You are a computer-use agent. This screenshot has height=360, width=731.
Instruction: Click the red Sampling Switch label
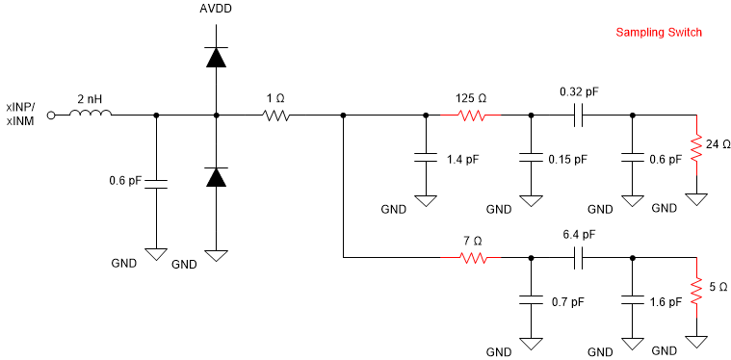click(659, 33)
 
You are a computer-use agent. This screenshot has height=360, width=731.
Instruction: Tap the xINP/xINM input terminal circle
click(51, 116)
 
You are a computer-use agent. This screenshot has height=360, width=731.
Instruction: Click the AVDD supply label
click(216, 10)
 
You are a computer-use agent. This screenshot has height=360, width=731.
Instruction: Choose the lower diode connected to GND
click(216, 176)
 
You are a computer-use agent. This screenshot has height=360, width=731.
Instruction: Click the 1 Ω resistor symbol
click(276, 116)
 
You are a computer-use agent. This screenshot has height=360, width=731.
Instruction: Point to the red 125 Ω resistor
click(473, 116)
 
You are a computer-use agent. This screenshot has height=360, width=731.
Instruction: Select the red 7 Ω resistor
click(473, 258)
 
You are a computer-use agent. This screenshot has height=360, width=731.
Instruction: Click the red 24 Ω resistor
click(694, 146)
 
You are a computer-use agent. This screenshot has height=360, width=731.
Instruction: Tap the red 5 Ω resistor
click(694, 288)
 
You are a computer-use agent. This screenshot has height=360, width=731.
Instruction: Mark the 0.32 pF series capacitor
click(579, 116)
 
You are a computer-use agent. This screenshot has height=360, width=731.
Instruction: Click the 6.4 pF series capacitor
click(579, 258)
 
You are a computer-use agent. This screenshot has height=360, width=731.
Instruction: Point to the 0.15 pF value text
click(566, 160)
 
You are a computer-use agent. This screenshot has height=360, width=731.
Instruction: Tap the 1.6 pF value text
click(666, 301)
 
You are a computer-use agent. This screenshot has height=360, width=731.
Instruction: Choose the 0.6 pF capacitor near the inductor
click(155, 182)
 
